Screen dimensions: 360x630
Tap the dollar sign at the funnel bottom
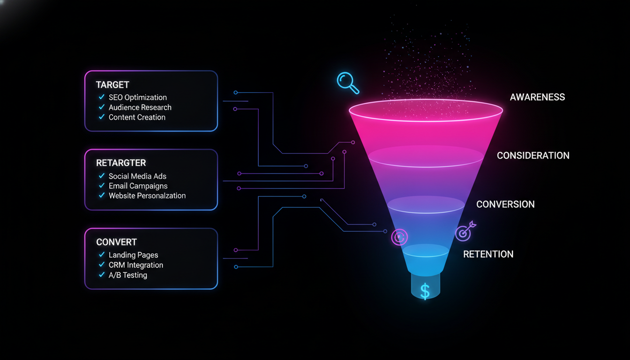coord(425,291)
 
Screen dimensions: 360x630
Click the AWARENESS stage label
coord(537,97)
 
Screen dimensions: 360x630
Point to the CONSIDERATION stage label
coord(533,156)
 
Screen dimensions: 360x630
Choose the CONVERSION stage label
coord(505,204)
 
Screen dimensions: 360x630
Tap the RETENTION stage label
coord(488,254)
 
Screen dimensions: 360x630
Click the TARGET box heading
coord(112,85)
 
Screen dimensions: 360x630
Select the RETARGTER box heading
coord(121,163)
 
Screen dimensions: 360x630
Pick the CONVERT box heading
coord(116,242)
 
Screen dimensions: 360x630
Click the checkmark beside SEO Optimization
coord(102,97)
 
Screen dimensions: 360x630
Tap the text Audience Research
coord(140,107)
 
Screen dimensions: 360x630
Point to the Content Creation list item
coord(137,117)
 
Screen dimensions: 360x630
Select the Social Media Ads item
coord(137,176)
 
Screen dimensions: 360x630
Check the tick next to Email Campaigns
coord(102,186)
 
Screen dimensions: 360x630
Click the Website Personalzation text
coord(147,195)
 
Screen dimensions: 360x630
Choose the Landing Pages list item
coord(133,255)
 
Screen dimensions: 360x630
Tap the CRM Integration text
coord(136,265)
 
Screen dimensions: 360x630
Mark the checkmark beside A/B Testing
coord(102,275)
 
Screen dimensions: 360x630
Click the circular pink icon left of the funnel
coord(399,237)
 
